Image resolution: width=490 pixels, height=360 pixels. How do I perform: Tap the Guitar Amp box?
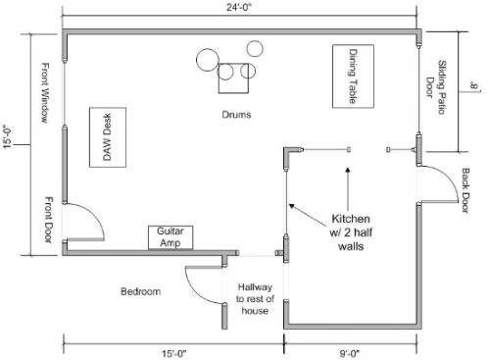point(171,237)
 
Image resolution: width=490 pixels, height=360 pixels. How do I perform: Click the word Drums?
point(236,115)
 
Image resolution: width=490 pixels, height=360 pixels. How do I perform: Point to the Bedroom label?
point(141,291)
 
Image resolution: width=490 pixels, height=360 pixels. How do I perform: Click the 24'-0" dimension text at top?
point(239,7)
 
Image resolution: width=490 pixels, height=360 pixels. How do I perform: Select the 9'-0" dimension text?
point(350,353)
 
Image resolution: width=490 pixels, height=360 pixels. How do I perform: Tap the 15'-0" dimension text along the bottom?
point(174,353)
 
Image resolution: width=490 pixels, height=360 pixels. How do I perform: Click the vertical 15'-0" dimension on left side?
point(7,136)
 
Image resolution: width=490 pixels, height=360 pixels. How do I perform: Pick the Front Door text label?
point(48,220)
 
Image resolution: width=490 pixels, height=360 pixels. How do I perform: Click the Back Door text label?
point(465,190)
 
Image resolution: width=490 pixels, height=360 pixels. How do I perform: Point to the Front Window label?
point(45,93)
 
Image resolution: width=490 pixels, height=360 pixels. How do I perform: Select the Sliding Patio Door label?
point(436,87)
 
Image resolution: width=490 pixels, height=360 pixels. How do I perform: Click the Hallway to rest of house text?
point(255,299)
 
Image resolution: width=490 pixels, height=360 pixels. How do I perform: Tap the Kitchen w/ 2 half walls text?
point(351,232)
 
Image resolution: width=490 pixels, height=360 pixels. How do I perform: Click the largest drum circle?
point(208,60)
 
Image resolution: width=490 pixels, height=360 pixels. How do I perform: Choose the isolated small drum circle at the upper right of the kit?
point(255,48)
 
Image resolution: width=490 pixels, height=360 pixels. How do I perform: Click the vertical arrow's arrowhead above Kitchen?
point(348,170)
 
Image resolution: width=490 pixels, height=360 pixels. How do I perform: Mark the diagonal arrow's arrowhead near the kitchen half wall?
point(292,206)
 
